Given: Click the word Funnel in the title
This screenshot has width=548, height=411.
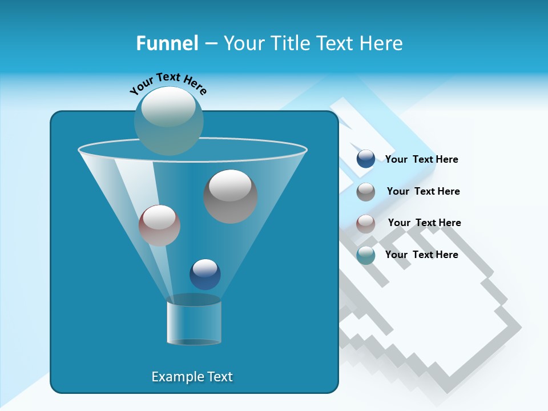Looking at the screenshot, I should (167, 43).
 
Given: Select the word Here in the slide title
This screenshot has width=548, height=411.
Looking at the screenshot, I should (381, 43).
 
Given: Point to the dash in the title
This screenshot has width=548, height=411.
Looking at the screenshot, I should (210, 44).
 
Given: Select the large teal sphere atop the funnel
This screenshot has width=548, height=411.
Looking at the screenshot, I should (168, 120).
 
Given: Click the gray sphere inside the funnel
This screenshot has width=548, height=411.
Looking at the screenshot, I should (230, 196).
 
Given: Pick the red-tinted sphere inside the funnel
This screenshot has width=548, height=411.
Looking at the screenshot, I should (159, 225).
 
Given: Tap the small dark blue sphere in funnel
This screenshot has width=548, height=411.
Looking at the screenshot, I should (205, 274).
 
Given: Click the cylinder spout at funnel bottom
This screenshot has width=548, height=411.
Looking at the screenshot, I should (194, 323).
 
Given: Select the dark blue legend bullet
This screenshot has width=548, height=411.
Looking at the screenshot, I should (365, 159).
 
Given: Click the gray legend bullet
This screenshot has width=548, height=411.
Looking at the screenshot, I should (365, 191).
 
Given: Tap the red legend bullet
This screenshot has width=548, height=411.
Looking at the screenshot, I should (365, 223).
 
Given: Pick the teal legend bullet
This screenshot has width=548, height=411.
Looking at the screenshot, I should (365, 255).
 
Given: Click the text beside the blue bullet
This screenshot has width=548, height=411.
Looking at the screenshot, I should (421, 159).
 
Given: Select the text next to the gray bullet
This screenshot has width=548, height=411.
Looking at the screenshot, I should (423, 191).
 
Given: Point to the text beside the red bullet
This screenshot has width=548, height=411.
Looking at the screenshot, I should (424, 223).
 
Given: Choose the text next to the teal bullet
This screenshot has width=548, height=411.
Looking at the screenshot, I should (421, 255).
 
